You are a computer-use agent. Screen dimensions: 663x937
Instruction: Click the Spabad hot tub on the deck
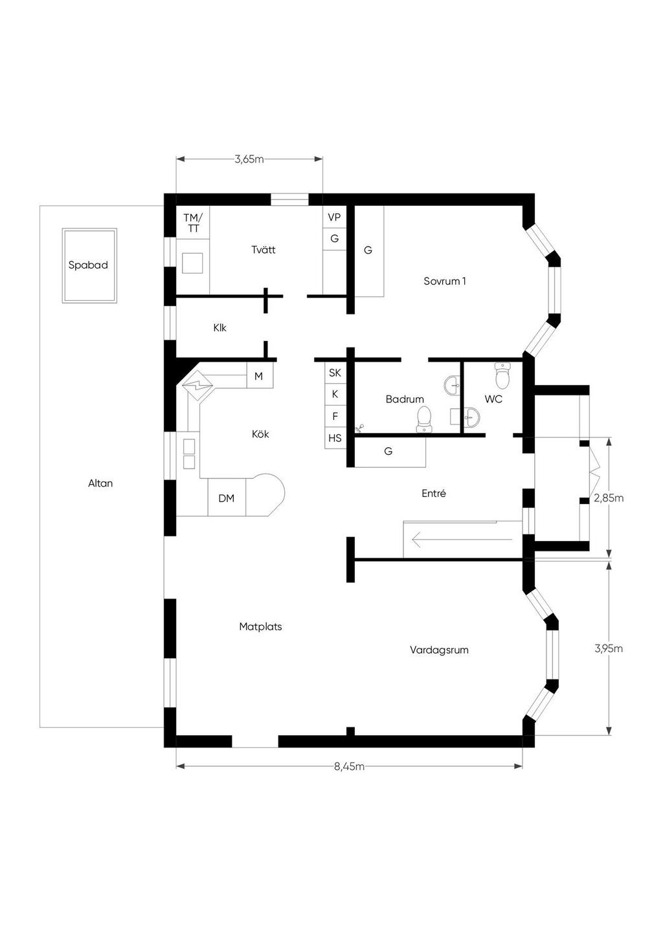pyautogui.click(x=89, y=265)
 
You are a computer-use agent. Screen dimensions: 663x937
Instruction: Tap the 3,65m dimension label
pyautogui.click(x=249, y=159)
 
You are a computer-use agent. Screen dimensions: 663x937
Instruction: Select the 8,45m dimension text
pyautogui.click(x=349, y=766)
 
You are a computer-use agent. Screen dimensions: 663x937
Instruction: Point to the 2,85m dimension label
pyautogui.click(x=609, y=498)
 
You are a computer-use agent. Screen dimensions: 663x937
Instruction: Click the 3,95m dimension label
pyautogui.click(x=609, y=648)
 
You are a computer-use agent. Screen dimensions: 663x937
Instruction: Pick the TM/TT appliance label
pyautogui.click(x=193, y=223)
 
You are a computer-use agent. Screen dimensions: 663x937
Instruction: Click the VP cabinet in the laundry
pyautogui.click(x=335, y=217)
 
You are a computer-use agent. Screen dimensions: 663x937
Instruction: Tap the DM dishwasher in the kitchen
pyautogui.click(x=227, y=498)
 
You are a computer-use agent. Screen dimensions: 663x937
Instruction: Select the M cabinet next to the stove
pyautogui.click(x=260, y=376)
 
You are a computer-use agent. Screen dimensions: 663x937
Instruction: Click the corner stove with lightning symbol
pyautogui.click(x=197, y=385)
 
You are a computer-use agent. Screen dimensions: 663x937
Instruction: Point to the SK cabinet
pyautogui.click(x=335, y=372)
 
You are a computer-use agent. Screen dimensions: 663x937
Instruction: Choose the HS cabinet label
pyautogui.click(x=335, y=438)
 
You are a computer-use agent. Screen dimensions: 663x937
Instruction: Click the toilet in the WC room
pyautogui.click(x=502, y=375)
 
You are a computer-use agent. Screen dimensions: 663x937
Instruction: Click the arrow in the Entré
pyautogui.click(x=462, y=539)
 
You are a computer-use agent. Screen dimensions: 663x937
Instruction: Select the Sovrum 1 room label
pyautogui.click(x=445, y=281)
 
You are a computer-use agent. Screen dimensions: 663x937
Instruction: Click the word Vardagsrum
pyautogui.click(x=439, y=650)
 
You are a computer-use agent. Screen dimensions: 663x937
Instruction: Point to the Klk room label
pyautogui.click(x=219, y=327)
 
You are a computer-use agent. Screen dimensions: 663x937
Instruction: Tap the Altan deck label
pyautogui.click(x=100, y=483)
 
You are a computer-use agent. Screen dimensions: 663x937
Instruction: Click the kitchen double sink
pyautogui.click(x=189, y=454)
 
